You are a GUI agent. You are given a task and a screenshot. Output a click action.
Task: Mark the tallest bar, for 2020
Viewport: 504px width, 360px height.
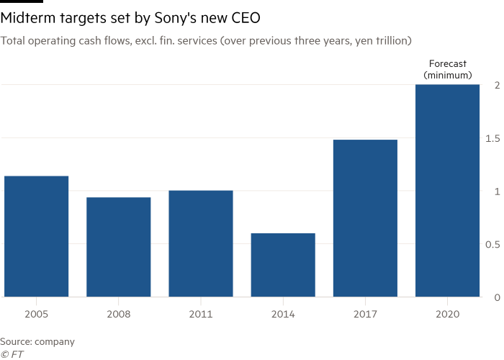[447, 191]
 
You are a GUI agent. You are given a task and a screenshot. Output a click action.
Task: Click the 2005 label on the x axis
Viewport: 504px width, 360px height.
[37, 315]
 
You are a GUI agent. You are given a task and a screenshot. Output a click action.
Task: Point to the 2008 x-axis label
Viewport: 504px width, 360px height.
[119, 315]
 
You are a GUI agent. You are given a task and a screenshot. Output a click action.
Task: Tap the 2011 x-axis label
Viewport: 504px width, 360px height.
[201, 315]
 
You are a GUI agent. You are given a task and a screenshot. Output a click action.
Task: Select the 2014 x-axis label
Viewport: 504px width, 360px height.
[283, 315]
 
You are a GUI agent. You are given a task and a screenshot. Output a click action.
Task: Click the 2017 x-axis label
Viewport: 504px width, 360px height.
[365, 315]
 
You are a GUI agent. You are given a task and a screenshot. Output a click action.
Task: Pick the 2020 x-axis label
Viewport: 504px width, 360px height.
[447, 315]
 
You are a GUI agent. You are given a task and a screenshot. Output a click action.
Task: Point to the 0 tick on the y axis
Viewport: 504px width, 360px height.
[497, 297]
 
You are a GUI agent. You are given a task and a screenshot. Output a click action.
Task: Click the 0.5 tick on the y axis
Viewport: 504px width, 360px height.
[493, 245]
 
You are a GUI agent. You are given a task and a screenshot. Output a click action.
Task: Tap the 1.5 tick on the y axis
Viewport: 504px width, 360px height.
[493, 138]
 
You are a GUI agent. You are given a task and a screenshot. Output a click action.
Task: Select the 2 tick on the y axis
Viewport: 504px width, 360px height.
[497, 86]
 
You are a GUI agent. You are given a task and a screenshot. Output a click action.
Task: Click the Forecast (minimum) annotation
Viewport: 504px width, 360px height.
[447, 69]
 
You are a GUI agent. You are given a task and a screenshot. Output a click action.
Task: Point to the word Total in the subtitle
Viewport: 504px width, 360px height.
[13, 41]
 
